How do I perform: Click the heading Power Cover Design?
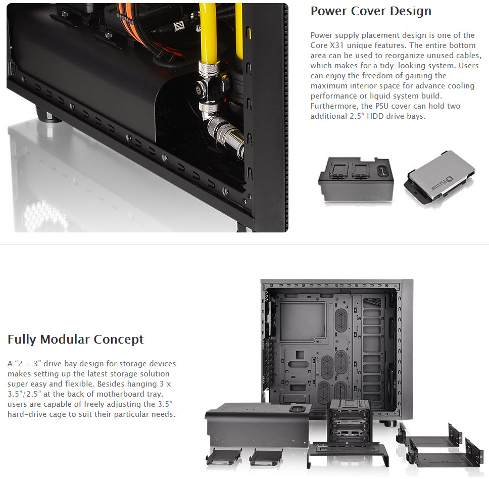click(371, 11)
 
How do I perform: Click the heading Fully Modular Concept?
click(75, 340)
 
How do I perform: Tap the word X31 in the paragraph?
click(336, 45)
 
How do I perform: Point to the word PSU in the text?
click(382, 106)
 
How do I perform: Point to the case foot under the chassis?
click(47, 114)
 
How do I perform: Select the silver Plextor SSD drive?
click(439, 178)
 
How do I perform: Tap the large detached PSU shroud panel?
click(258, 425)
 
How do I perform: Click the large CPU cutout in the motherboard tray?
click(303, 322)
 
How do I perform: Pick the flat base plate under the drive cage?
click(348, 454)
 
